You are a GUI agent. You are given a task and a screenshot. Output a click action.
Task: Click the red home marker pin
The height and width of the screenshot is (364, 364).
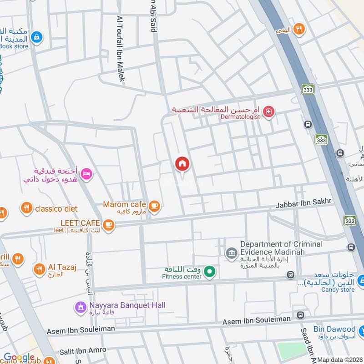click(x=182, y=164)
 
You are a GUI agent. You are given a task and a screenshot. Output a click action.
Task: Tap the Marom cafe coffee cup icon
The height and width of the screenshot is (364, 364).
click(x=155, y=206)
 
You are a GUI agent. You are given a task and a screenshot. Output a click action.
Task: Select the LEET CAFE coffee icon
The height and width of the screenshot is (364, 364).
click(x=108, y=223)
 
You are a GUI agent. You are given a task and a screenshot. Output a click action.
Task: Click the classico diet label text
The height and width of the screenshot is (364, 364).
click(x=57, y=209)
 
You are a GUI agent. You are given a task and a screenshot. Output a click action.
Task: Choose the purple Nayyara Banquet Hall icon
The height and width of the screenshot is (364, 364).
click(x=81, y=307)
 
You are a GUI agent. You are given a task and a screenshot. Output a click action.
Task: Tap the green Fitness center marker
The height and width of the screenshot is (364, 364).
click(x=209, y=272)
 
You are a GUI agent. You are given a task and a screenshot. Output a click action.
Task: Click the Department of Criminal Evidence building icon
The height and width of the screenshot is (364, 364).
click(x=231, y=252)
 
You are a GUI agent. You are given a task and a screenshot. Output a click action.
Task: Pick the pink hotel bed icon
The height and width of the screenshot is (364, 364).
click(x=86, y=173)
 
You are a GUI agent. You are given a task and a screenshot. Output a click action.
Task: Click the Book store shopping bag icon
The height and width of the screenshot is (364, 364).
click(x=38, y=37)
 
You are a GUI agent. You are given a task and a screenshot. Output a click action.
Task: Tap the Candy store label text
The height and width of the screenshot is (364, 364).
click(x=338, y=290)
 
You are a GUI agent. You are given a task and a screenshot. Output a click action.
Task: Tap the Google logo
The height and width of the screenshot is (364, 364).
click(x=19, y=358)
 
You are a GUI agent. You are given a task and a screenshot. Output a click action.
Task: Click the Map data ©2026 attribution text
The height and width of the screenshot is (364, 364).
click(x=339, y=360)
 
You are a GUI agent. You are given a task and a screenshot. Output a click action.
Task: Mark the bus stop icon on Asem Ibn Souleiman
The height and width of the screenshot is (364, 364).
click(x=300, y=315)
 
